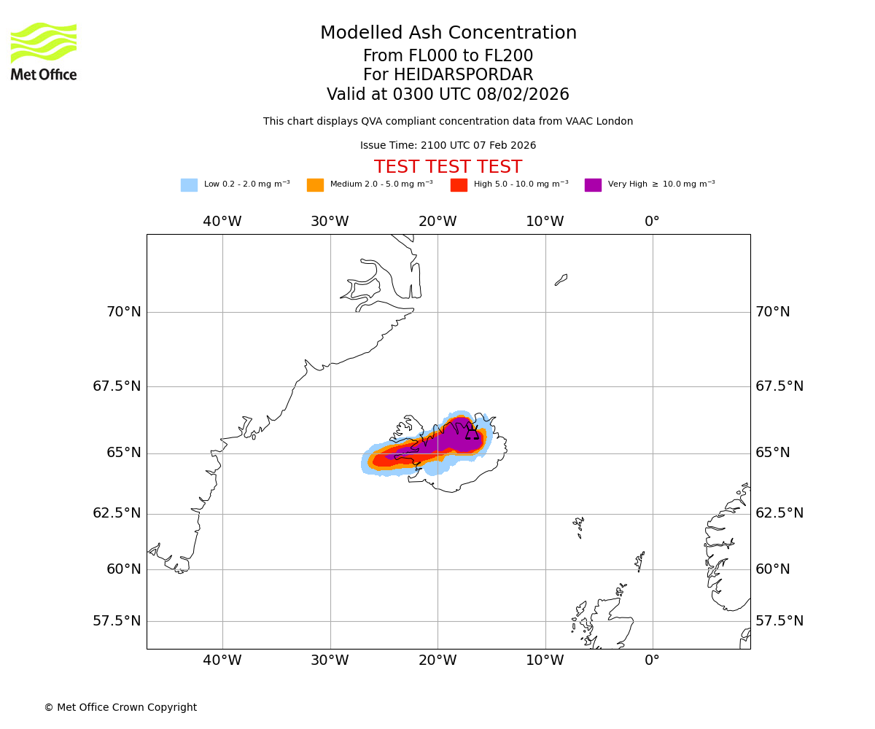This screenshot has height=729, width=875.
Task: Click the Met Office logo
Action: point(44,51)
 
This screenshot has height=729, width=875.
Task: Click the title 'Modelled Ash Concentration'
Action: point(448,34)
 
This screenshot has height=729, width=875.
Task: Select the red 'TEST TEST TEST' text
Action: point(448,167)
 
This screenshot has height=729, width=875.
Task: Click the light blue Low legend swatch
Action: point(189,185)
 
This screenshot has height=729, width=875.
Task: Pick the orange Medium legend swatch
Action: point(315,185)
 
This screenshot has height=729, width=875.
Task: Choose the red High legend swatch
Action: point(459,185)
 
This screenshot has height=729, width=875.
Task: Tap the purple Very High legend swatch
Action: point(593,185)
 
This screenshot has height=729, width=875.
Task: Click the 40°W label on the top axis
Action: point(222,222)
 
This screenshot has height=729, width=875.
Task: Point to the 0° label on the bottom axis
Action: point(652,660)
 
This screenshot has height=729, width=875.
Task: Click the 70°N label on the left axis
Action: point(124,312)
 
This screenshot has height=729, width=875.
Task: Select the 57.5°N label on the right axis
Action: point(779,621)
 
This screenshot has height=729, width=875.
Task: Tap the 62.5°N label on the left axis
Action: point(117,513)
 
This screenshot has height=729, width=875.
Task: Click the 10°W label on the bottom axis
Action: point(545,660)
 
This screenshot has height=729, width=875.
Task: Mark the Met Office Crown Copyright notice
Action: point(120,707)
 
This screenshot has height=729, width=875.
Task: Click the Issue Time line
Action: point(448,146)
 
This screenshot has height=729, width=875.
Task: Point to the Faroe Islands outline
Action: point(578,526)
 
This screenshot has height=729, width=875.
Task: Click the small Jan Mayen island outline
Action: point(561,280)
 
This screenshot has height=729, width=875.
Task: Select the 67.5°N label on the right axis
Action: point(779,386)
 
